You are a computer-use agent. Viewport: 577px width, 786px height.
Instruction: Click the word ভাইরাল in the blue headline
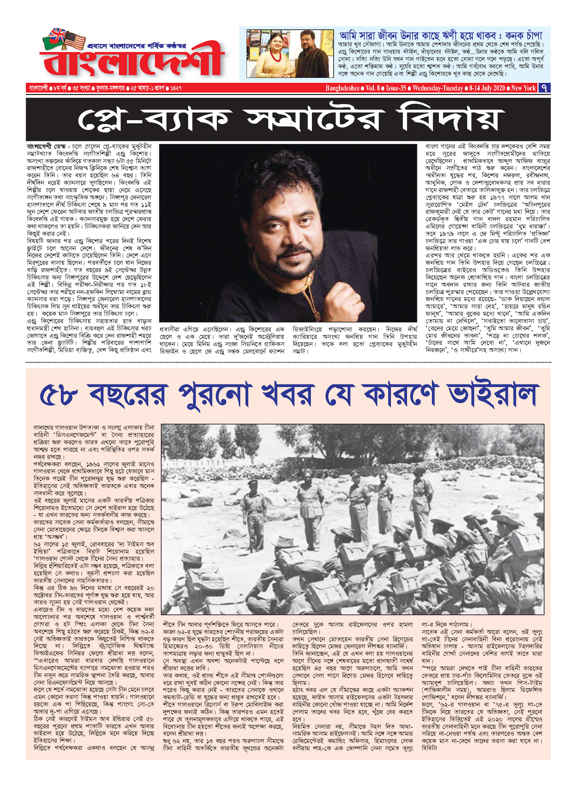point(493,395)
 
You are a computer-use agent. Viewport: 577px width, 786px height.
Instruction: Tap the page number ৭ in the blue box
point(544,88)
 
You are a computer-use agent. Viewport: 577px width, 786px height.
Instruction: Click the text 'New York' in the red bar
point(523,88)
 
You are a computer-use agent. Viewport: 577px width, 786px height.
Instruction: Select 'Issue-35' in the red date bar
point(396,88)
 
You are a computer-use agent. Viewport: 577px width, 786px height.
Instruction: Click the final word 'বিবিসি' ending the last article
point(429,748)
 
